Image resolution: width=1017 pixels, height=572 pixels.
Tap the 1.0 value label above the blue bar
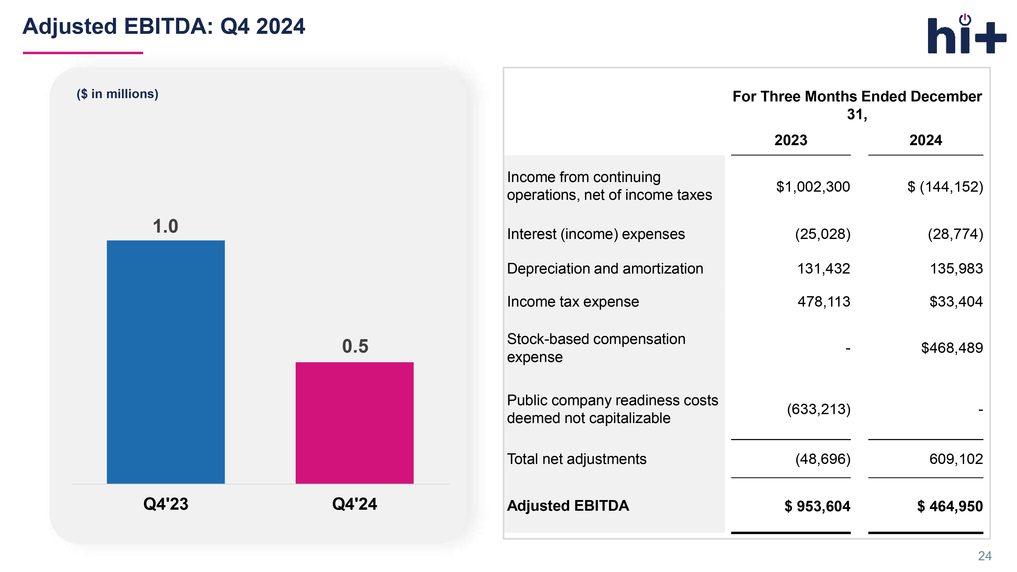pos(166,226)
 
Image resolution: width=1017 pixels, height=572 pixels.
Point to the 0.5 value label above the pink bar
pos(355,346)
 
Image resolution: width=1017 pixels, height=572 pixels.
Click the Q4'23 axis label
pos(166,504)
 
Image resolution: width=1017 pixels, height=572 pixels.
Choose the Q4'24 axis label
pos(354,504)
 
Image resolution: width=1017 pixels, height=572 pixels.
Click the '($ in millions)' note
pos(117,94)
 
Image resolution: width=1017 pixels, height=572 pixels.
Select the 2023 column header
pos(790,140)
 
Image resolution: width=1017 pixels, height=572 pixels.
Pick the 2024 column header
pos(925,140)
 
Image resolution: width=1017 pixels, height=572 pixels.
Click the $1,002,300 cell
pos(813,187)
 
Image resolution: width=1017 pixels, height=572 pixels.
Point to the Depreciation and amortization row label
pos(605,268)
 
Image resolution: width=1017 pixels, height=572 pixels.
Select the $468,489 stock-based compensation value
pos(952,348)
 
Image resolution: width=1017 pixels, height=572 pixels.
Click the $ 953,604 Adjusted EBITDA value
pos(817,506)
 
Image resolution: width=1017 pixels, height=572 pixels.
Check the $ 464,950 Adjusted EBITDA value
pos(950,506)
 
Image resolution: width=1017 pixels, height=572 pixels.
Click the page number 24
pos(985,556)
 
